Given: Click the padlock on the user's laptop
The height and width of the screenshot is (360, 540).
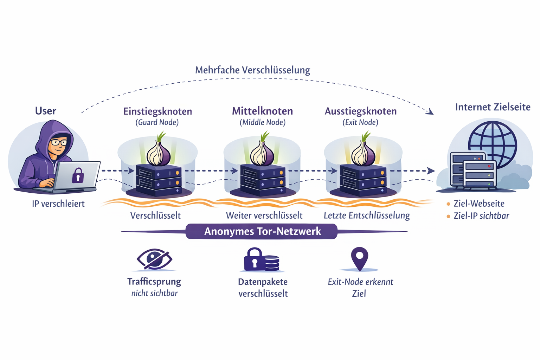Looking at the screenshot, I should (x=78, y=175).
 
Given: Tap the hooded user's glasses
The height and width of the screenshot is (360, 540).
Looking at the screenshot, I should (x=59, y=142).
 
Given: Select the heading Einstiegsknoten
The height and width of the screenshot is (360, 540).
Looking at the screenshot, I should (x=157, y=111).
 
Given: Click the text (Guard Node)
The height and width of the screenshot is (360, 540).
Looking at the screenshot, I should (x=157, y=122).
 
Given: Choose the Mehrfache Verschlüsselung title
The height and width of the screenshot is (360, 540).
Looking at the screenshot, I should (x=252, y=70).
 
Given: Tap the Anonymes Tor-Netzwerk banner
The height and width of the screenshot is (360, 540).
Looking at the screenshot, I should (x=262, y=231).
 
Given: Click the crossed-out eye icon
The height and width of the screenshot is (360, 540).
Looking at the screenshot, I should (x=154, y=259).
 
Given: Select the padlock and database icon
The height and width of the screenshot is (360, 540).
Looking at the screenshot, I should (x=262, y=260).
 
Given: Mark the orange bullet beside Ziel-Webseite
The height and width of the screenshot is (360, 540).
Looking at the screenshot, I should (x=448, y=204).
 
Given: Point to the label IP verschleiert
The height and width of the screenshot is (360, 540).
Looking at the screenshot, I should (x=58, y=204).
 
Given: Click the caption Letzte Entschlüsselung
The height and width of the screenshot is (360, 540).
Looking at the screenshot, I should (x=367, y=215).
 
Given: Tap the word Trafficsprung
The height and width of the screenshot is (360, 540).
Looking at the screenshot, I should (x=154, y=281).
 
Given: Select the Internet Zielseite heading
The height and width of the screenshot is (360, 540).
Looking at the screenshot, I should (x=493, y=107).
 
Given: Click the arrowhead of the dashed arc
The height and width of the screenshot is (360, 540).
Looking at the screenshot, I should (x=430, y=112).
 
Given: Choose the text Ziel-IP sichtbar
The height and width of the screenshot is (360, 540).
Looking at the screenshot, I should (x=481, y=216).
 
